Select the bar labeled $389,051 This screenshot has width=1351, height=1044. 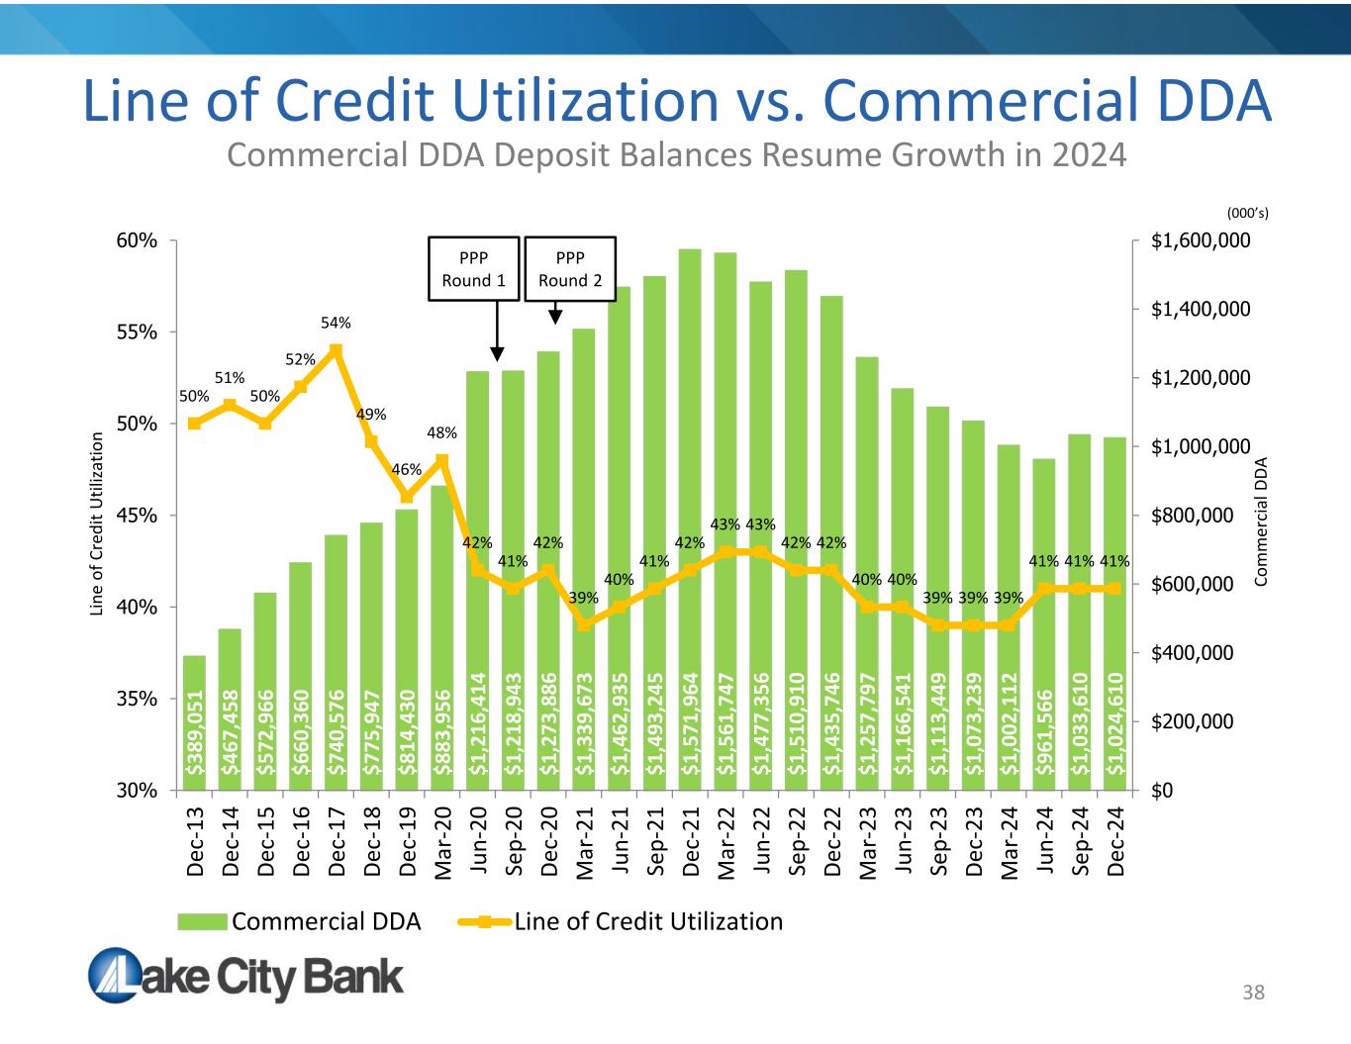[195, 723]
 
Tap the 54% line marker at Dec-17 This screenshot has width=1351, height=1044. [336, 350]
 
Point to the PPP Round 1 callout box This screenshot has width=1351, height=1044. [473, 268]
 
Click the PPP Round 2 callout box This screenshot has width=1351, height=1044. [570, 268]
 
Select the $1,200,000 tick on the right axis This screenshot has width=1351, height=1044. [1201, 378]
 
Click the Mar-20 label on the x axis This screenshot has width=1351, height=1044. [442, 842]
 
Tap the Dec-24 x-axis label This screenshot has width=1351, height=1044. [1115, 841]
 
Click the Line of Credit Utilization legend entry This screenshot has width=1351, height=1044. [622, 921]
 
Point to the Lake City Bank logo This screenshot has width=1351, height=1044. [246, 976]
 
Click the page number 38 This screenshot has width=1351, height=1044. [1253, 993]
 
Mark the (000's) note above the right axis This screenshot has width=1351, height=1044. [1247, 213]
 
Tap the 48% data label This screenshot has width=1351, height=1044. [441, 432]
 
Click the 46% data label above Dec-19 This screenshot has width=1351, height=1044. [406, 469]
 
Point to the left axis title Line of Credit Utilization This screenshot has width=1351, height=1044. [97, 523]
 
